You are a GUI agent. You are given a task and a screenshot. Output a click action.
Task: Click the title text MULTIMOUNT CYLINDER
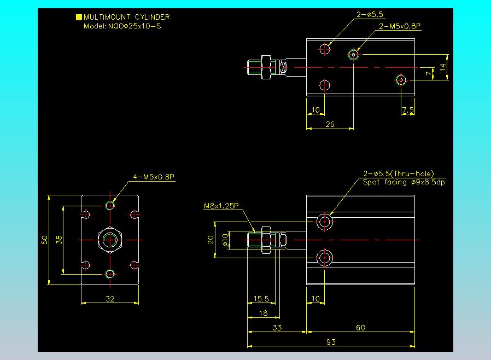pos(126,17)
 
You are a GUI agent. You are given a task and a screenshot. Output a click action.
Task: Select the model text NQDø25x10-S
pos(135,26)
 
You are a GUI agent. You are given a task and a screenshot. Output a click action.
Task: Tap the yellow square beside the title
pos(79,17)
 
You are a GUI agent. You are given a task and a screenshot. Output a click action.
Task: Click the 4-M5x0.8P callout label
pos(154,177)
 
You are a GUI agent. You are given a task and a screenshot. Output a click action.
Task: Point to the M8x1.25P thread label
pos(221,206)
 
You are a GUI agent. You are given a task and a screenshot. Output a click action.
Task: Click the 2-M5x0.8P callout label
pos(400,26)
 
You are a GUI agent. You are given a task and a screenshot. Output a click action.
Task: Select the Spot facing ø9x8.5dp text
pos(404,182)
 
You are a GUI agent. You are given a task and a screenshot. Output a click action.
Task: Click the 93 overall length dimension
pos(331,342)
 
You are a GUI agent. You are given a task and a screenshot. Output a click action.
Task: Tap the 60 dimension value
pos(360,328)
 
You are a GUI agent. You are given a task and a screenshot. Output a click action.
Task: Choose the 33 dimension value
pos(277,328)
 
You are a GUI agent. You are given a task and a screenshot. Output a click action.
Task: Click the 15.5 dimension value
pos(261,299)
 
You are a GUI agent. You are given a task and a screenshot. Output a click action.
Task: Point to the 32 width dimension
pos(110,299)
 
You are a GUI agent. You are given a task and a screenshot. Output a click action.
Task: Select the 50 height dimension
pos(44,240)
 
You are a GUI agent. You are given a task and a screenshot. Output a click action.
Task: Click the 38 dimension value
pos(59,240)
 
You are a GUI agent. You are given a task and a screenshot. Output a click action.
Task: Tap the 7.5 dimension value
pos(408,110)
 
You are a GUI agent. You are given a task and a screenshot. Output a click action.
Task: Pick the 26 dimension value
pos(330,124)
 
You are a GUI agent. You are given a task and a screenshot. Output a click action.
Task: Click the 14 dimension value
pos(442,67)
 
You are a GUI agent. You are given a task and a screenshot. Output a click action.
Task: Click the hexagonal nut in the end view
pos(110,240)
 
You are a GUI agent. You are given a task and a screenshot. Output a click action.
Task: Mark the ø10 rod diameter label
pos(225,240)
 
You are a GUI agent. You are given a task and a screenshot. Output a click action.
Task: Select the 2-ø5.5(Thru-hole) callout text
pos(399,173)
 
